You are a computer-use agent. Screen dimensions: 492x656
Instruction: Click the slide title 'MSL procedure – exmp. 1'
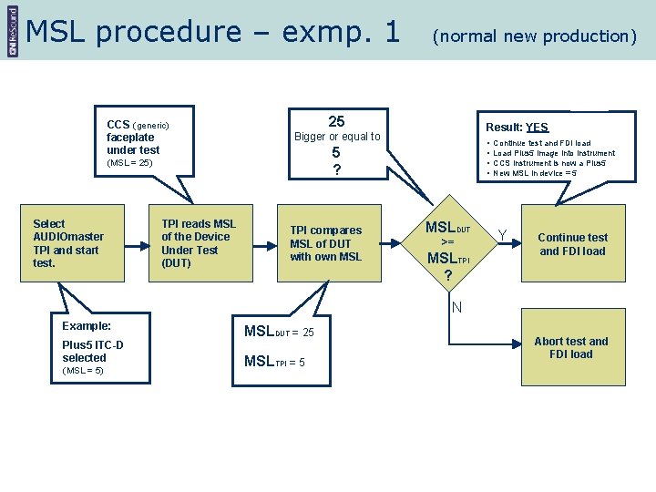coord(213,32)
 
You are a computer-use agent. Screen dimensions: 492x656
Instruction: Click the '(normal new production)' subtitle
coord(534,36)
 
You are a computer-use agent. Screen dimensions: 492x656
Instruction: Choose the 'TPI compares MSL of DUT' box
coord(326,243)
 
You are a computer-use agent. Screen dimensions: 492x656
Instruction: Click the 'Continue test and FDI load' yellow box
coord(573,244)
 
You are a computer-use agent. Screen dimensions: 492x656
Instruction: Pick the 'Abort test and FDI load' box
coord(571,348)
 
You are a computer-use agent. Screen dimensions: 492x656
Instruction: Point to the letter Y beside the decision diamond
coord(502,236)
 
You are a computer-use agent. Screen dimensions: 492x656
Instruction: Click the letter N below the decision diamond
coord(456,307)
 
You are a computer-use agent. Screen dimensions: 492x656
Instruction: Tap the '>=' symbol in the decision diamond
coord(447,242)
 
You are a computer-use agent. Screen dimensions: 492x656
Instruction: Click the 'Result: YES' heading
coord(517,128)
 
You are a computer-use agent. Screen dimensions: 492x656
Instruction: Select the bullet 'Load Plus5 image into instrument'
coord(553,153)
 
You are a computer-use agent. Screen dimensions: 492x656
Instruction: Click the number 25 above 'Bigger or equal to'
coord(336,122)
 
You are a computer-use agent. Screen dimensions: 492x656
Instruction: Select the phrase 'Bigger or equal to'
coord(337,137)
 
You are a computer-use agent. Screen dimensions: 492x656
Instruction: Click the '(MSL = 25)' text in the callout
coord(129,163)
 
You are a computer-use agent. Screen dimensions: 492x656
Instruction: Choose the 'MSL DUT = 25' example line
coord(279,331)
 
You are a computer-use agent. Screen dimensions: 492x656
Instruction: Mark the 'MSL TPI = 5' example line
coord(274,362)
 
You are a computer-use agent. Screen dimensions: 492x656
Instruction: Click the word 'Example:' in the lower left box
coord(87,325)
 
